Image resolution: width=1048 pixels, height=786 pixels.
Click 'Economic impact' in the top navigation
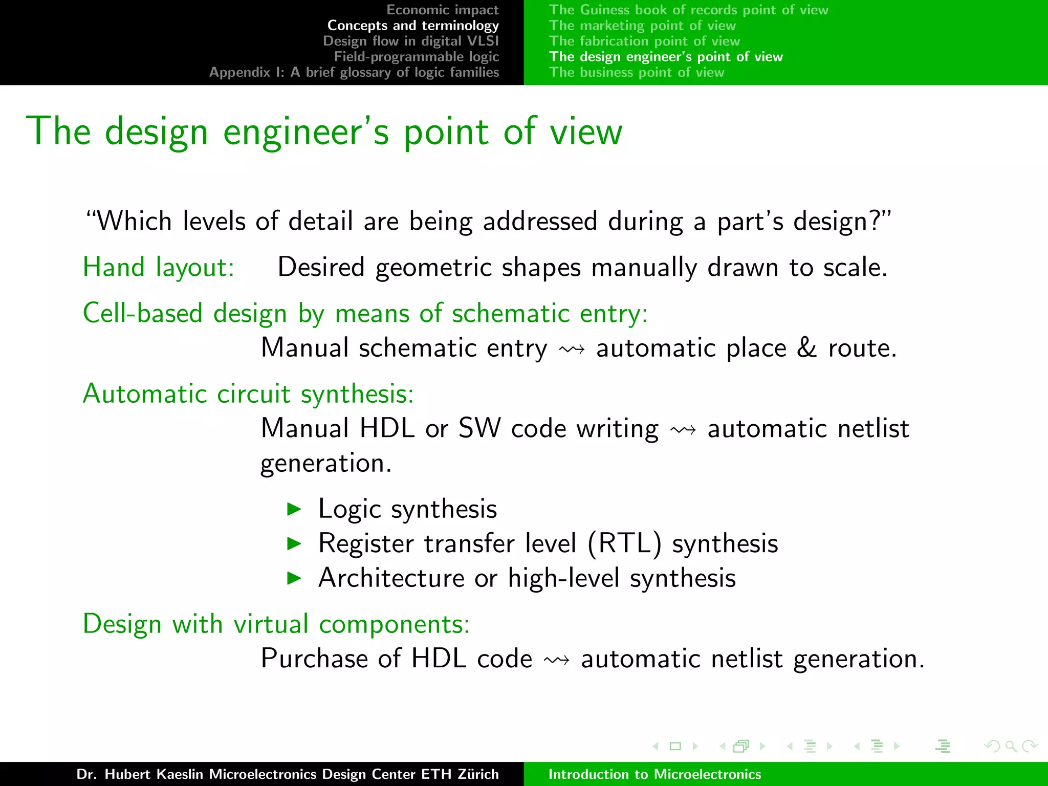[442, 10]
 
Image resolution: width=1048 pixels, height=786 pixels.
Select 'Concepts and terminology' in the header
[413, 25]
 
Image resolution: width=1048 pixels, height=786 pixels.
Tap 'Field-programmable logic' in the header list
[416, 56]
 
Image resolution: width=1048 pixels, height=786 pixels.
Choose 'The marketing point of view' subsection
[642, 25]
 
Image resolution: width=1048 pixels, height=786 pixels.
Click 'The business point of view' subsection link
[637, 72]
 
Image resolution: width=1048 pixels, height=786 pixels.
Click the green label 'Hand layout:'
[159, 267]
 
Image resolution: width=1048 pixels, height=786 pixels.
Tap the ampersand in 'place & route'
[807, 348]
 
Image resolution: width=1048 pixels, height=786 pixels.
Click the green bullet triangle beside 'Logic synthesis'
[294, 509]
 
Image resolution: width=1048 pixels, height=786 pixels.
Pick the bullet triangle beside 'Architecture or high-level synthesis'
[294, 578]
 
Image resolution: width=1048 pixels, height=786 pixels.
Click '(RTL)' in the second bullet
[624, 543]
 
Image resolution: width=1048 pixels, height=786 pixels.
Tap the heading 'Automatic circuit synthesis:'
[248, 394]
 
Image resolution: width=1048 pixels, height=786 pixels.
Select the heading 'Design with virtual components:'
[276, 624]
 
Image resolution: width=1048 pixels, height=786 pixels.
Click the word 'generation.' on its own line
[326, 464]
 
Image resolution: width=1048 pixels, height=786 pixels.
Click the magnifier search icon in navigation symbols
[1011, 746]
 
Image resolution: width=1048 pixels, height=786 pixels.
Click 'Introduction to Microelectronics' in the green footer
[654, 774]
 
